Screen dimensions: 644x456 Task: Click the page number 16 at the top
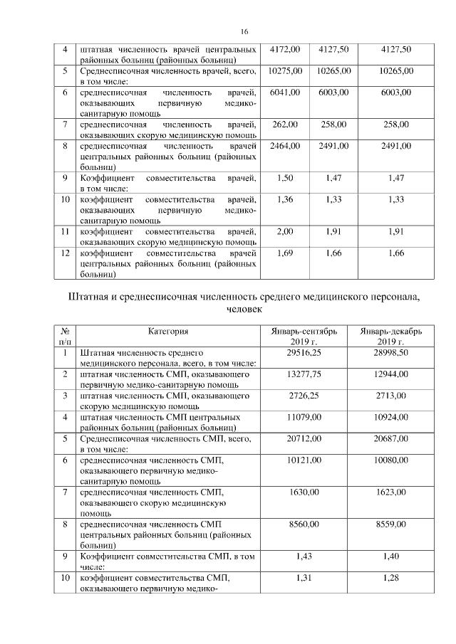tap(244, 32)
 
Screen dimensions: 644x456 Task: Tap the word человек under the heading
tap(244, 310)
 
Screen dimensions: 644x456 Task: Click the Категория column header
tap(168, 331)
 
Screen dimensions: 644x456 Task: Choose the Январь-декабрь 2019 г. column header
tap(391, 336)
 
